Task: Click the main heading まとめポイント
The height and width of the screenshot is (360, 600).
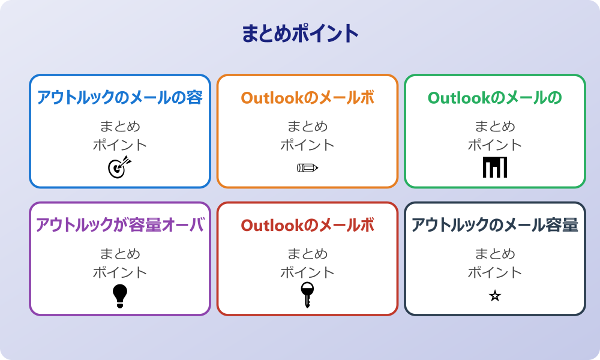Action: pos(300,34)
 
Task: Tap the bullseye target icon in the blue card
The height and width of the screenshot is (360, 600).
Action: pos(119,167)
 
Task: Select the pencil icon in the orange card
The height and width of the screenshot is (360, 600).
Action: pos(307,167)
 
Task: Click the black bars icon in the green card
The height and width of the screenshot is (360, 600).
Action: pos(495,167)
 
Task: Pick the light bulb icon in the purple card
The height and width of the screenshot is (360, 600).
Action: pos(120,296)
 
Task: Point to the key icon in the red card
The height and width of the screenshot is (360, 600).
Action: pos(307,295)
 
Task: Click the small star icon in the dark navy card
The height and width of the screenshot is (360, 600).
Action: pos(495,296)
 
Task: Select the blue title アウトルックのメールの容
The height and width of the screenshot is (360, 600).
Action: pos(120,98)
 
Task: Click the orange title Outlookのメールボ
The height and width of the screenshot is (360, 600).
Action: pos(307,98)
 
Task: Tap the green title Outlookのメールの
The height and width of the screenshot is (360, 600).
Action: pos(495,98)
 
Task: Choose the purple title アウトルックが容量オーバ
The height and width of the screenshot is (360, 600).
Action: pos(120,225)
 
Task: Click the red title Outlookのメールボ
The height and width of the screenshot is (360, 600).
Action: pos(307,225)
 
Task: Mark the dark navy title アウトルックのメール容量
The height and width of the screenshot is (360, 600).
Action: pos(495,225)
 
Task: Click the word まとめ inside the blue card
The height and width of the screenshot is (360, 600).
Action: pos(120,127)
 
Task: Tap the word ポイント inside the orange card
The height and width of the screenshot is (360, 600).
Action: pos(307,145)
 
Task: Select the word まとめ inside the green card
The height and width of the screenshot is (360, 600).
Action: pos(495,127)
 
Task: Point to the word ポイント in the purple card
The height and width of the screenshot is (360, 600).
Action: pos(120,272)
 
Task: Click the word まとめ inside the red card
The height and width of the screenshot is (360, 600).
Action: pos(307,254)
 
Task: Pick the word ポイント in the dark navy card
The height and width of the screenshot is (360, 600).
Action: pos(495,272)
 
